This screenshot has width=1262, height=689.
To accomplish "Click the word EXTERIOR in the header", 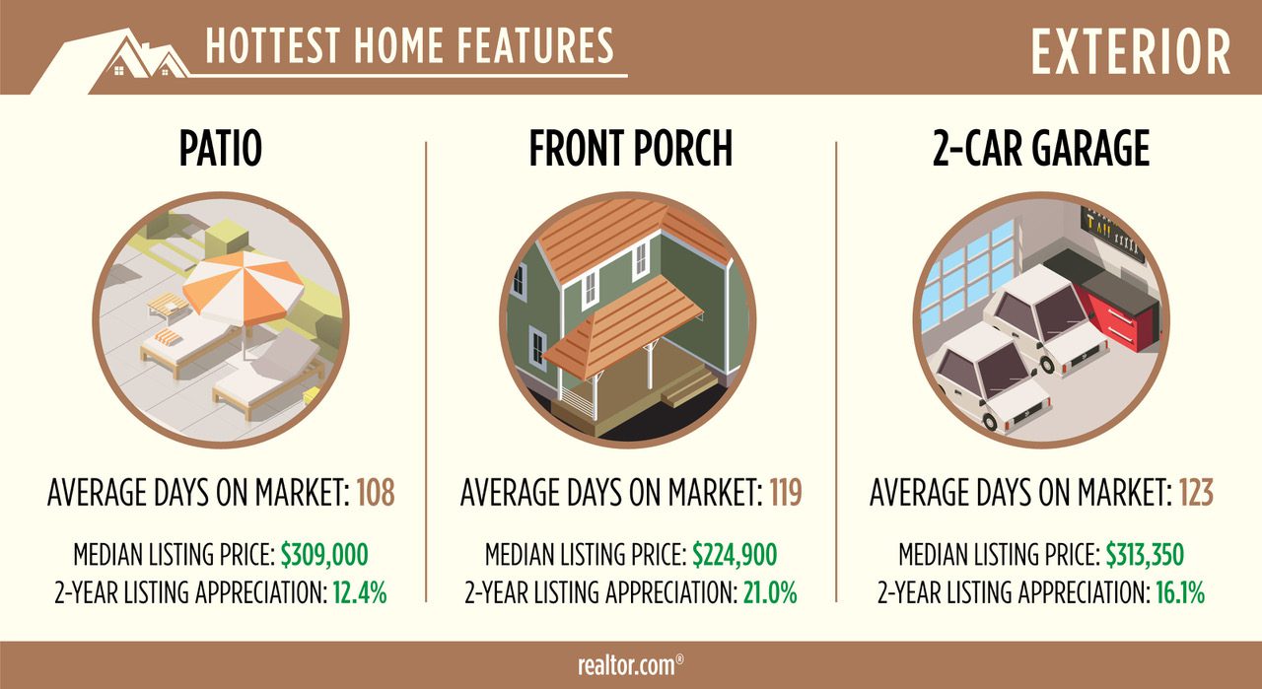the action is coord(1130,52).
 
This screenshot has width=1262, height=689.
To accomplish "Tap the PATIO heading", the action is coord(220,148).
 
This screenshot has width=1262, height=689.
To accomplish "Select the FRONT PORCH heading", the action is coord(630,148).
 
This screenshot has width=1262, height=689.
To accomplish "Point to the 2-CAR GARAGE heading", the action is coord(1040,148).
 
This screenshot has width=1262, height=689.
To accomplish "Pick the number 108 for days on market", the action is coord(376,493).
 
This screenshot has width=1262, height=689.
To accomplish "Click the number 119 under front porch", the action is coord(786,493).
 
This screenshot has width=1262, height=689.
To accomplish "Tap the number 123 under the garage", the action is coord(1196,493).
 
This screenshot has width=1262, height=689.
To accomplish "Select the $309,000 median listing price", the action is coord(324,555).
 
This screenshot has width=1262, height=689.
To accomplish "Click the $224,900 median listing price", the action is coord(735,555).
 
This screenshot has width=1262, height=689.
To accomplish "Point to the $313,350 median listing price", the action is coord(1145,555).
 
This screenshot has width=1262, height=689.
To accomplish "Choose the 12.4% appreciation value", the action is coord(360,592).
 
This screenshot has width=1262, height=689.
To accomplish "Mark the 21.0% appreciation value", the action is coord(770,592).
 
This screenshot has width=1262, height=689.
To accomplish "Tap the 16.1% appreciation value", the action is coord(1180,592).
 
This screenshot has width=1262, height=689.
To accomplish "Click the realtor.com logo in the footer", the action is coord(630,665).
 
